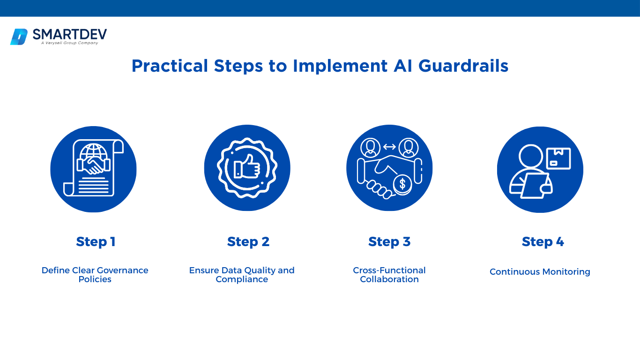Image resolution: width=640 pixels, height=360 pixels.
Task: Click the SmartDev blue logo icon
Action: pyautogui.click(x=19, y=37)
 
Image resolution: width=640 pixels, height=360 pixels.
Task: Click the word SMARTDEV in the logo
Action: pyautogui.click(x=70, y=34)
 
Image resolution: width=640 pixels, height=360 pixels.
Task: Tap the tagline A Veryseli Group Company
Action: pyautogui.click(x=69, y=43)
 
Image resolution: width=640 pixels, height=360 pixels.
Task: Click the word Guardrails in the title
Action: pyautogui.click(x=463, y=66)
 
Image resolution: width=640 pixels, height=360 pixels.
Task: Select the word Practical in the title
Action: pyautogui.click(x=170, y=66)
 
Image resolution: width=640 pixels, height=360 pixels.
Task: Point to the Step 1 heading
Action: pyautogui.click(x=96, y=242)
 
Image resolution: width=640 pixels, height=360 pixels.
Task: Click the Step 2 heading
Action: pyautogui.click(x=248, y=242)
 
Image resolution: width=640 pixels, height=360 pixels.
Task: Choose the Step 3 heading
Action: pyautogui.click(x=389, y=242)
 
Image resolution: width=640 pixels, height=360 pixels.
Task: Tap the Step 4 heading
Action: pyautogui.click(x=543, y=242)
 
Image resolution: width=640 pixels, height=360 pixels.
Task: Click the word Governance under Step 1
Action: pyautogui.click(x=123, y=270)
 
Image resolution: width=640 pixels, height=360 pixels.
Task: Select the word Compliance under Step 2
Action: pyautogui.click(x=242, y=279)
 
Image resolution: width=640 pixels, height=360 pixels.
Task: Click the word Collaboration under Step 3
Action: pyautogui.click(x=389, y=279)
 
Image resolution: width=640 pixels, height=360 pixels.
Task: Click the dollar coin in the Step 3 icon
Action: pyautogui.click(x=402, y=184)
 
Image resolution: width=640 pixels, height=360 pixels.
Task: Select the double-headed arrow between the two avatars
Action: pyautogui.click(x=389, y=147)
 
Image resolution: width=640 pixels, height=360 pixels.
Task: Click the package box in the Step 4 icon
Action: pyautogui.click(x=558, y=158)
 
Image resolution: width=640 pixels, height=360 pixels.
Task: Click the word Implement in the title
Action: pyautogui.click(x=340, y=66)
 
